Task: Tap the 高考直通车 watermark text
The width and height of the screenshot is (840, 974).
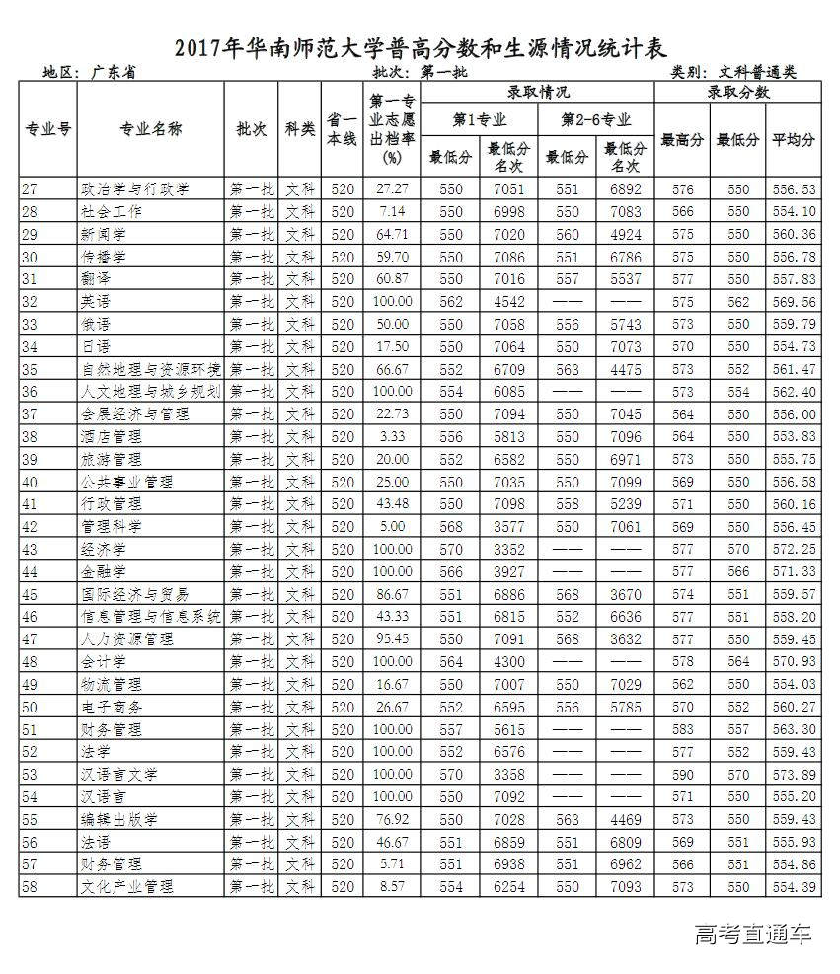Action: click(x=753, y=934)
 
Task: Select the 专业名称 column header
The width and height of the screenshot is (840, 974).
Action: click(x=151, y=129)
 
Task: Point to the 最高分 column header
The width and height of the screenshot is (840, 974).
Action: click(x=682, y=140)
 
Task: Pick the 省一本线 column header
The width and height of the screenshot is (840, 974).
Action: click(x=342, y=129)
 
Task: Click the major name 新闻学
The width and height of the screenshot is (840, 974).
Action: click(x=103, y=234)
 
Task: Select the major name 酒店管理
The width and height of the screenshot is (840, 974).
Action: click(x=110, y=436)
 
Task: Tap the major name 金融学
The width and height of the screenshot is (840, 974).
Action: click(x=103, y=571)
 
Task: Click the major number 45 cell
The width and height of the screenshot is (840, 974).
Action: click(x=36, y=594)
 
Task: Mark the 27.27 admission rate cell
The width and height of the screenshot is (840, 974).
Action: click(x=393, y=188)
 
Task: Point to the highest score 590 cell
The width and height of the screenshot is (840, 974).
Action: click(x=682, y=774)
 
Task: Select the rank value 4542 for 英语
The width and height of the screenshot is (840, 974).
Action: click(x=509, y=301)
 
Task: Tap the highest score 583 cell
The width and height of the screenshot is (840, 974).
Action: click(x=682, y=728)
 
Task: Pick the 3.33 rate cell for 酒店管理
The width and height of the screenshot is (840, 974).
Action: click(x=393, y=436)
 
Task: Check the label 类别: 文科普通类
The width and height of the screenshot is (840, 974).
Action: click(x=733, y=72)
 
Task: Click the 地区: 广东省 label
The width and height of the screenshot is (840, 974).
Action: click(x=89, y=72)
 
